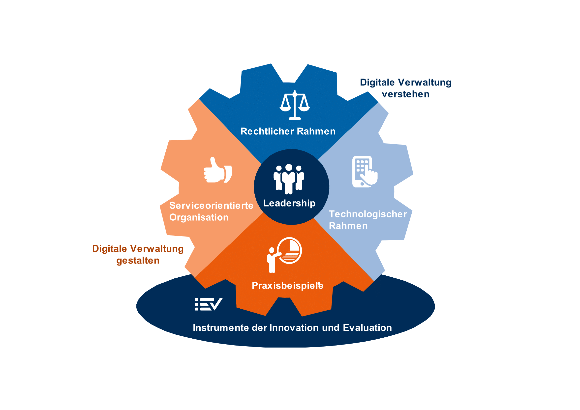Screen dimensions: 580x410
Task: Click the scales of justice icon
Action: pos(295,105)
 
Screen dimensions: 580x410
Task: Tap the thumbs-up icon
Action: pos(218,170)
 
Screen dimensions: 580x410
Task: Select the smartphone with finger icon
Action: pos(365,172)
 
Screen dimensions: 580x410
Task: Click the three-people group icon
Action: pos(289,179)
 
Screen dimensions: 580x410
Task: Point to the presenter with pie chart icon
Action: pos(284,255)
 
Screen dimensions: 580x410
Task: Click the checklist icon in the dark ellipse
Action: pos(208,304)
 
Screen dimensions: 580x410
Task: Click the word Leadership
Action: pos(289,203)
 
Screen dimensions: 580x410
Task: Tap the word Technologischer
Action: pos(368,214)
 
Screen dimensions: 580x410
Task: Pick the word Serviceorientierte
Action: pos(211,205)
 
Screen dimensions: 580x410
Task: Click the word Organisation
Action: pos(199,218)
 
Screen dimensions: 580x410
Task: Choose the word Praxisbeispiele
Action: pos(287,286)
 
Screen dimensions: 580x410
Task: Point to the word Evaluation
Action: pos(367,328)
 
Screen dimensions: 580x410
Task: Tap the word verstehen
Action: pos(405,94)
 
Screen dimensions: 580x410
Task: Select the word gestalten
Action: pos(138,261)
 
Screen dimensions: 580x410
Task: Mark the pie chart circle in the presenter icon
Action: pos(289,251)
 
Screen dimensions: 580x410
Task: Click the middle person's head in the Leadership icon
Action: pos(289,167)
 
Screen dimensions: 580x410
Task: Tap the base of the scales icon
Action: pos(295,119)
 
